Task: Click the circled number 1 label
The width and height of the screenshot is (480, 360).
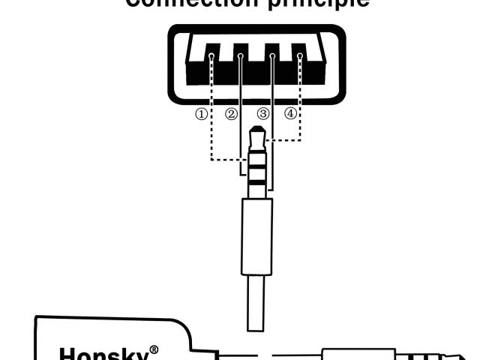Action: (201, 115)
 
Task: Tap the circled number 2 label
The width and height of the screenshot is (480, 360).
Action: (231, 115)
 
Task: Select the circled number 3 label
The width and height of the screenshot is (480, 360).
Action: (262, 115)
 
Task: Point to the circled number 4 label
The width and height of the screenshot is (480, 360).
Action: (291, 115)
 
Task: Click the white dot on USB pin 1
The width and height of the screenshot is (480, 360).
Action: (212, 56)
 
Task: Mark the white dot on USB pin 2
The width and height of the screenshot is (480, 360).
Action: (241, 56)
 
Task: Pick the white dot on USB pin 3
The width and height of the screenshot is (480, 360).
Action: (271, 56)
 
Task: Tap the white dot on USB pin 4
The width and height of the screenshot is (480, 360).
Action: (300, 56)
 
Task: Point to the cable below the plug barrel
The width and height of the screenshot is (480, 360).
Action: (256, 304)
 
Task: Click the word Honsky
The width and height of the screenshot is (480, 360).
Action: (102, 353)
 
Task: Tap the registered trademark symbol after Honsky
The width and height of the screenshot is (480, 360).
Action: (153, 349)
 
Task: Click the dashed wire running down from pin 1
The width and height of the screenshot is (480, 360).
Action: (212, 112)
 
